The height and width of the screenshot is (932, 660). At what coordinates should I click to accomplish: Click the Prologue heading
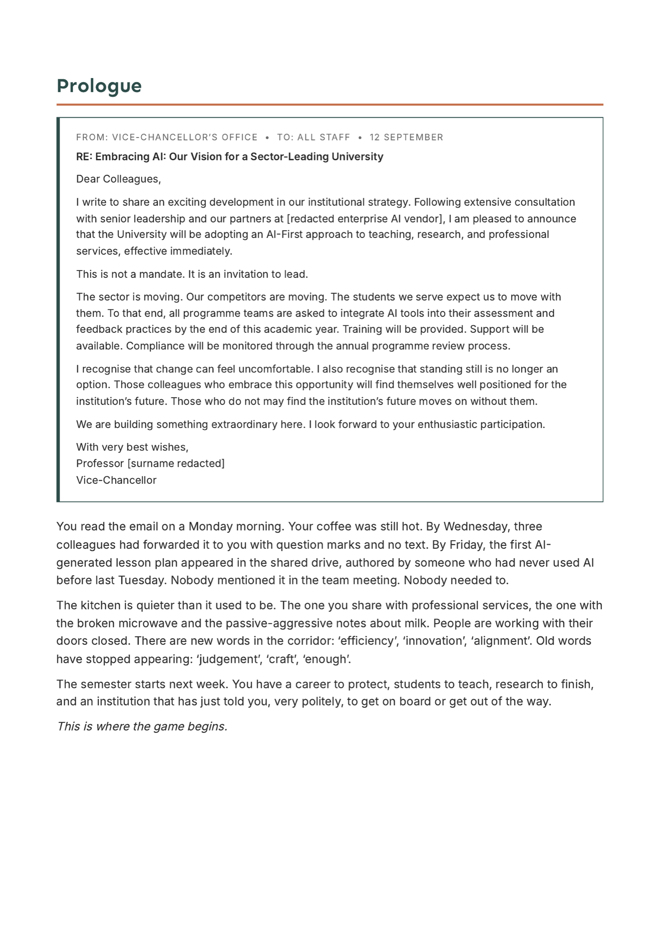(x=99, y=86)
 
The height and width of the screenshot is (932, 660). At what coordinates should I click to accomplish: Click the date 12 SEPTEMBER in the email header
(x=406, y=137)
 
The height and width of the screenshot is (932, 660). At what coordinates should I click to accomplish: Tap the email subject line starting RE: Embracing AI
(x=229, y=157)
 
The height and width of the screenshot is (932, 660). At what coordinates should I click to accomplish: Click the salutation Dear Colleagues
(x=118, y=179)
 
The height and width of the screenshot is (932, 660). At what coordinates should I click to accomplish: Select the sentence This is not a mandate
(x=131, y=274)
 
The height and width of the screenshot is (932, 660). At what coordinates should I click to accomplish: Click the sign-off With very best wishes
(x=132, y=447)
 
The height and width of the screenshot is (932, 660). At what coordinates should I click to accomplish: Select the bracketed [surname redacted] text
(x=176, y=464)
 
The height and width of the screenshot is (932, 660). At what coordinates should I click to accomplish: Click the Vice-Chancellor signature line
(x=116, y=480)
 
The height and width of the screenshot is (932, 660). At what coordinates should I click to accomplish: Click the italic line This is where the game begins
(x=142, y=727)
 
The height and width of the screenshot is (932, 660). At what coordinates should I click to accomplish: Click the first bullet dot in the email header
(x=267, y=138)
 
